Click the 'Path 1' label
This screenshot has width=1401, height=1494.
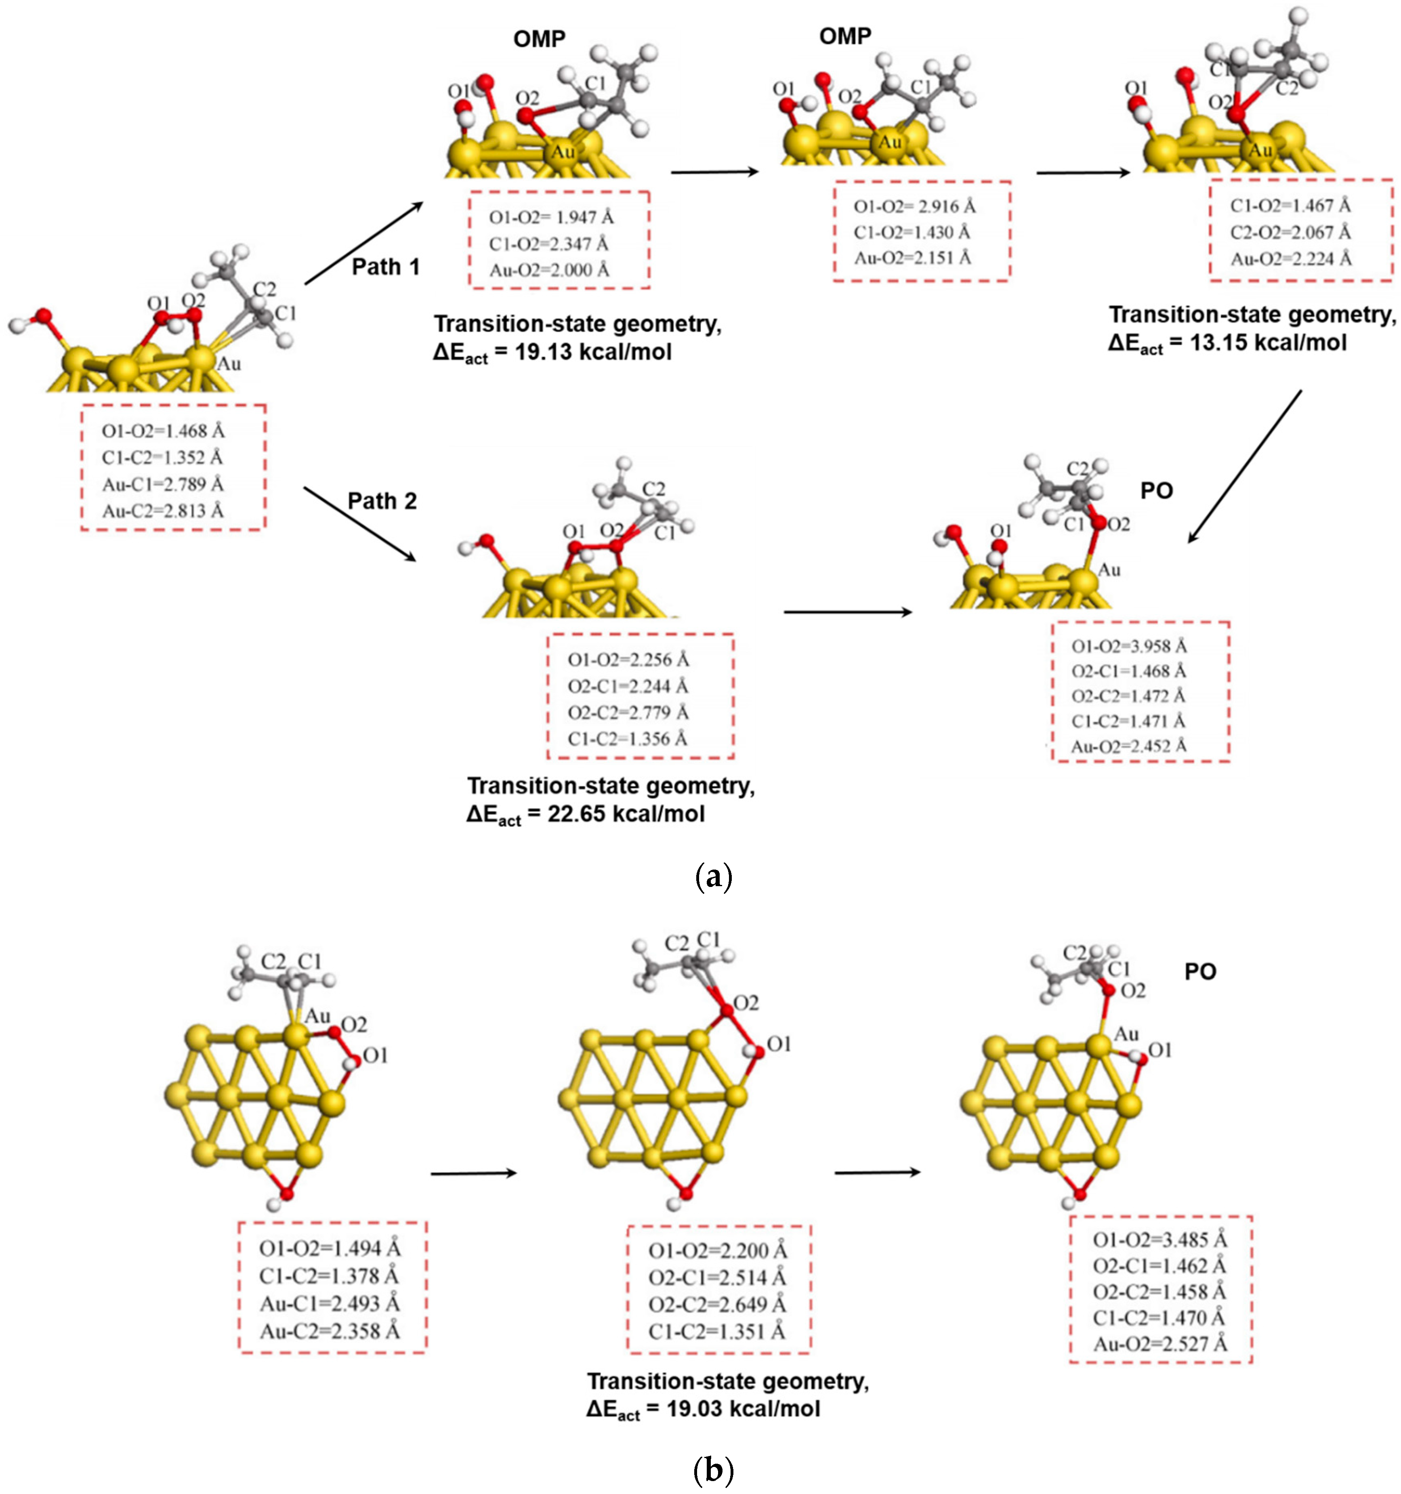tap(386, 267)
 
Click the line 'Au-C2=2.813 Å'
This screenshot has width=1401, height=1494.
tap(163, 511)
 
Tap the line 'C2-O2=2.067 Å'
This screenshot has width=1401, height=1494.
tap(1290, 232)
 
